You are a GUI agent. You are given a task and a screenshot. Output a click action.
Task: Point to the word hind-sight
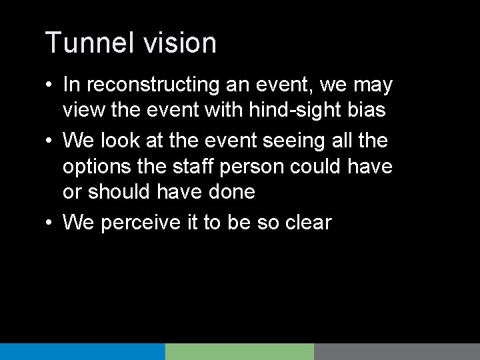(299, 109)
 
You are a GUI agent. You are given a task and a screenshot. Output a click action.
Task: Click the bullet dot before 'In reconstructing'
(50, 87)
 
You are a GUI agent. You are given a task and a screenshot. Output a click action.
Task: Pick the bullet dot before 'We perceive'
(50, 223)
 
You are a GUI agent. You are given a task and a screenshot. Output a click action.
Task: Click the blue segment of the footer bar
(82, 351)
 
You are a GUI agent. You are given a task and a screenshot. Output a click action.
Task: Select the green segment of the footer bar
(239, 351)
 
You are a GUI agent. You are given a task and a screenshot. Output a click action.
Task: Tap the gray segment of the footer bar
(397, 351)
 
